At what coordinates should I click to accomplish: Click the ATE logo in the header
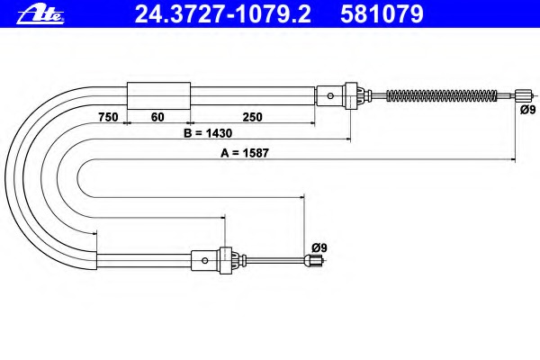[x=40, y=14]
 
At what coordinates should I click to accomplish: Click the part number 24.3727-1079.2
[x=223, y=14]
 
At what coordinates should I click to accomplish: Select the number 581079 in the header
[x=382, y=14]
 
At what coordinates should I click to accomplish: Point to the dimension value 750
[x=108, y=117]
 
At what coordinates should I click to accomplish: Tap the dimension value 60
[x=157, y=117]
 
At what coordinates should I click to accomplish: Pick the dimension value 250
[x=252, y=117]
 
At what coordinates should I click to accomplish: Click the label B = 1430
[x=208, y=133]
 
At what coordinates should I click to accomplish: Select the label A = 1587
[x=245, y=153]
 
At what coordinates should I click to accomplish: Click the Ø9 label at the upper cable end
[x=528, y=110]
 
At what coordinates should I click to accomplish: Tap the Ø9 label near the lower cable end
[x=319, y=247]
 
